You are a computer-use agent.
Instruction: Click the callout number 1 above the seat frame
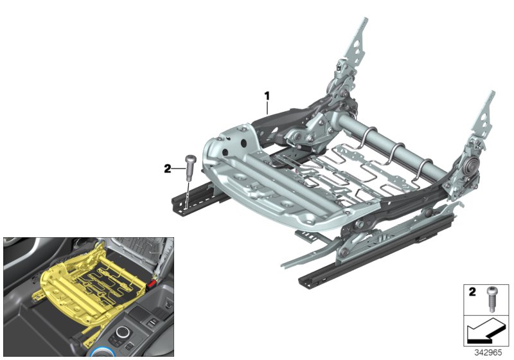pyautogui.click(x=266, y=96)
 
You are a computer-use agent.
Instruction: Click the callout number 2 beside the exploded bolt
pyautogui.click(x=168, y=168)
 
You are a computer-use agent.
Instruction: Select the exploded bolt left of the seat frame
pyautogui.click(x=190, y=168)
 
